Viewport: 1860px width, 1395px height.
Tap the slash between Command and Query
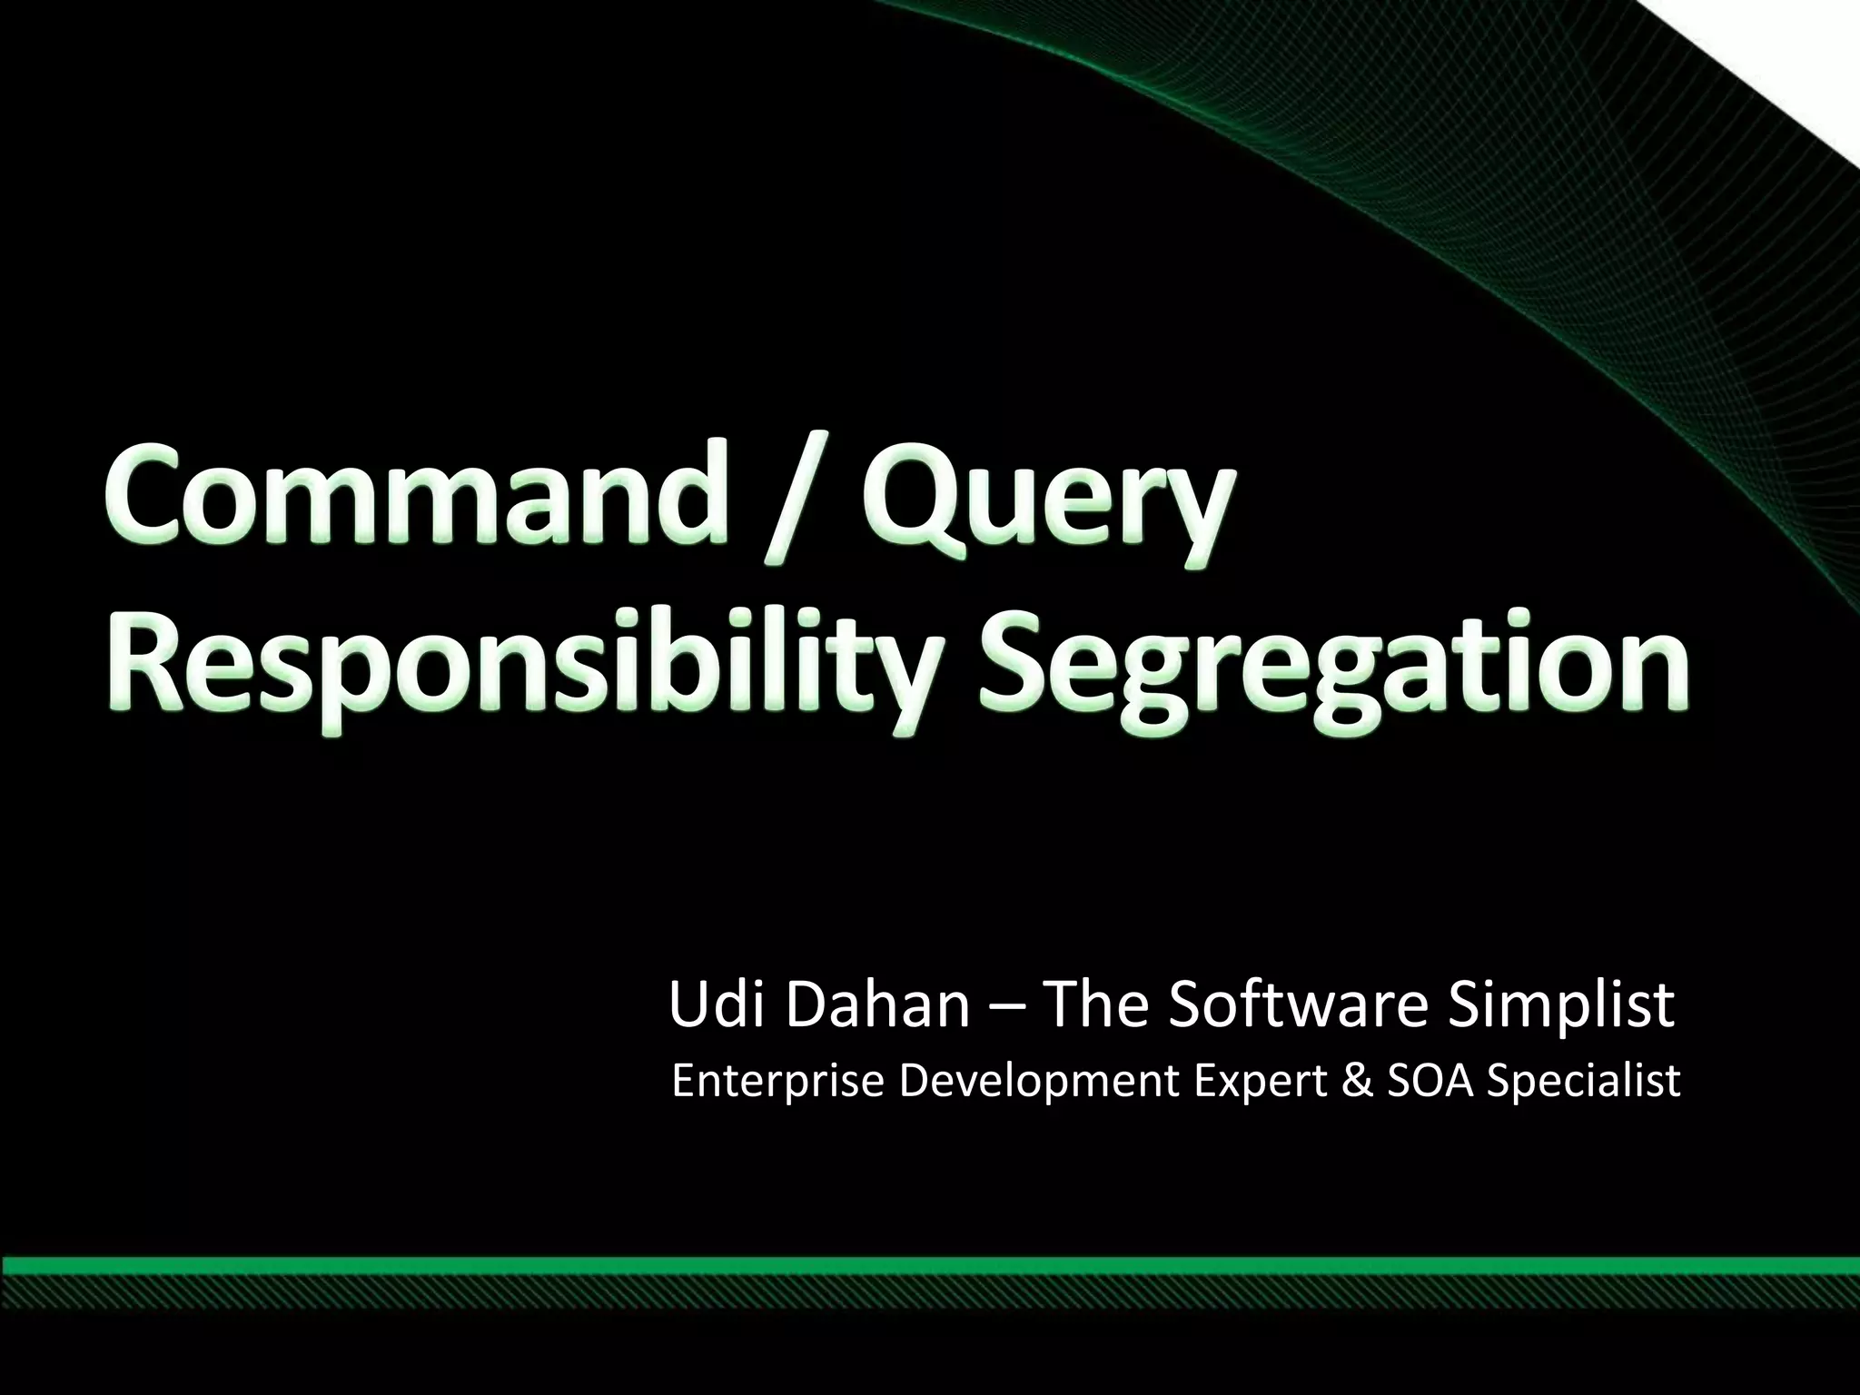coord(800,509)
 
